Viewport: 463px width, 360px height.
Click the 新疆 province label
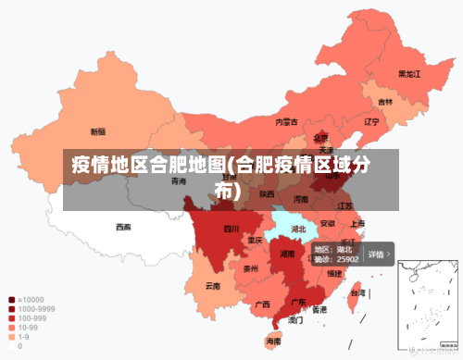click(97, 131)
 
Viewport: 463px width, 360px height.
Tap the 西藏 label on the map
click(123, 227)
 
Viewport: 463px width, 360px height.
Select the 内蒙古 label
click(286, 121)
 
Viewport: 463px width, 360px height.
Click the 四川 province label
click(231, 228)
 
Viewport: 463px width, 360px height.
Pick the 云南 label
click(213, 286)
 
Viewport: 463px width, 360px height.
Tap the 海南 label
click(273, 341)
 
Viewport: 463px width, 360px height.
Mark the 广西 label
click(262, 304)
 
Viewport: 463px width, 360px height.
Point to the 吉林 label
click(385, 102)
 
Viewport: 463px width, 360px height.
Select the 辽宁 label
click(372, 121)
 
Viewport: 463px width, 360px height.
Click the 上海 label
click(357, 223)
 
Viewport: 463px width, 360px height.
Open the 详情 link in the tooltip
click(379, 254)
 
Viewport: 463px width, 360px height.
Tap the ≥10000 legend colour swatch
click(11, 300)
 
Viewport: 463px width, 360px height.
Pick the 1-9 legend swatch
click(11, 336)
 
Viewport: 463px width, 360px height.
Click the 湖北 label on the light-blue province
click(299, 228)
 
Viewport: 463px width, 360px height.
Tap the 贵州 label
click(250, 268)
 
